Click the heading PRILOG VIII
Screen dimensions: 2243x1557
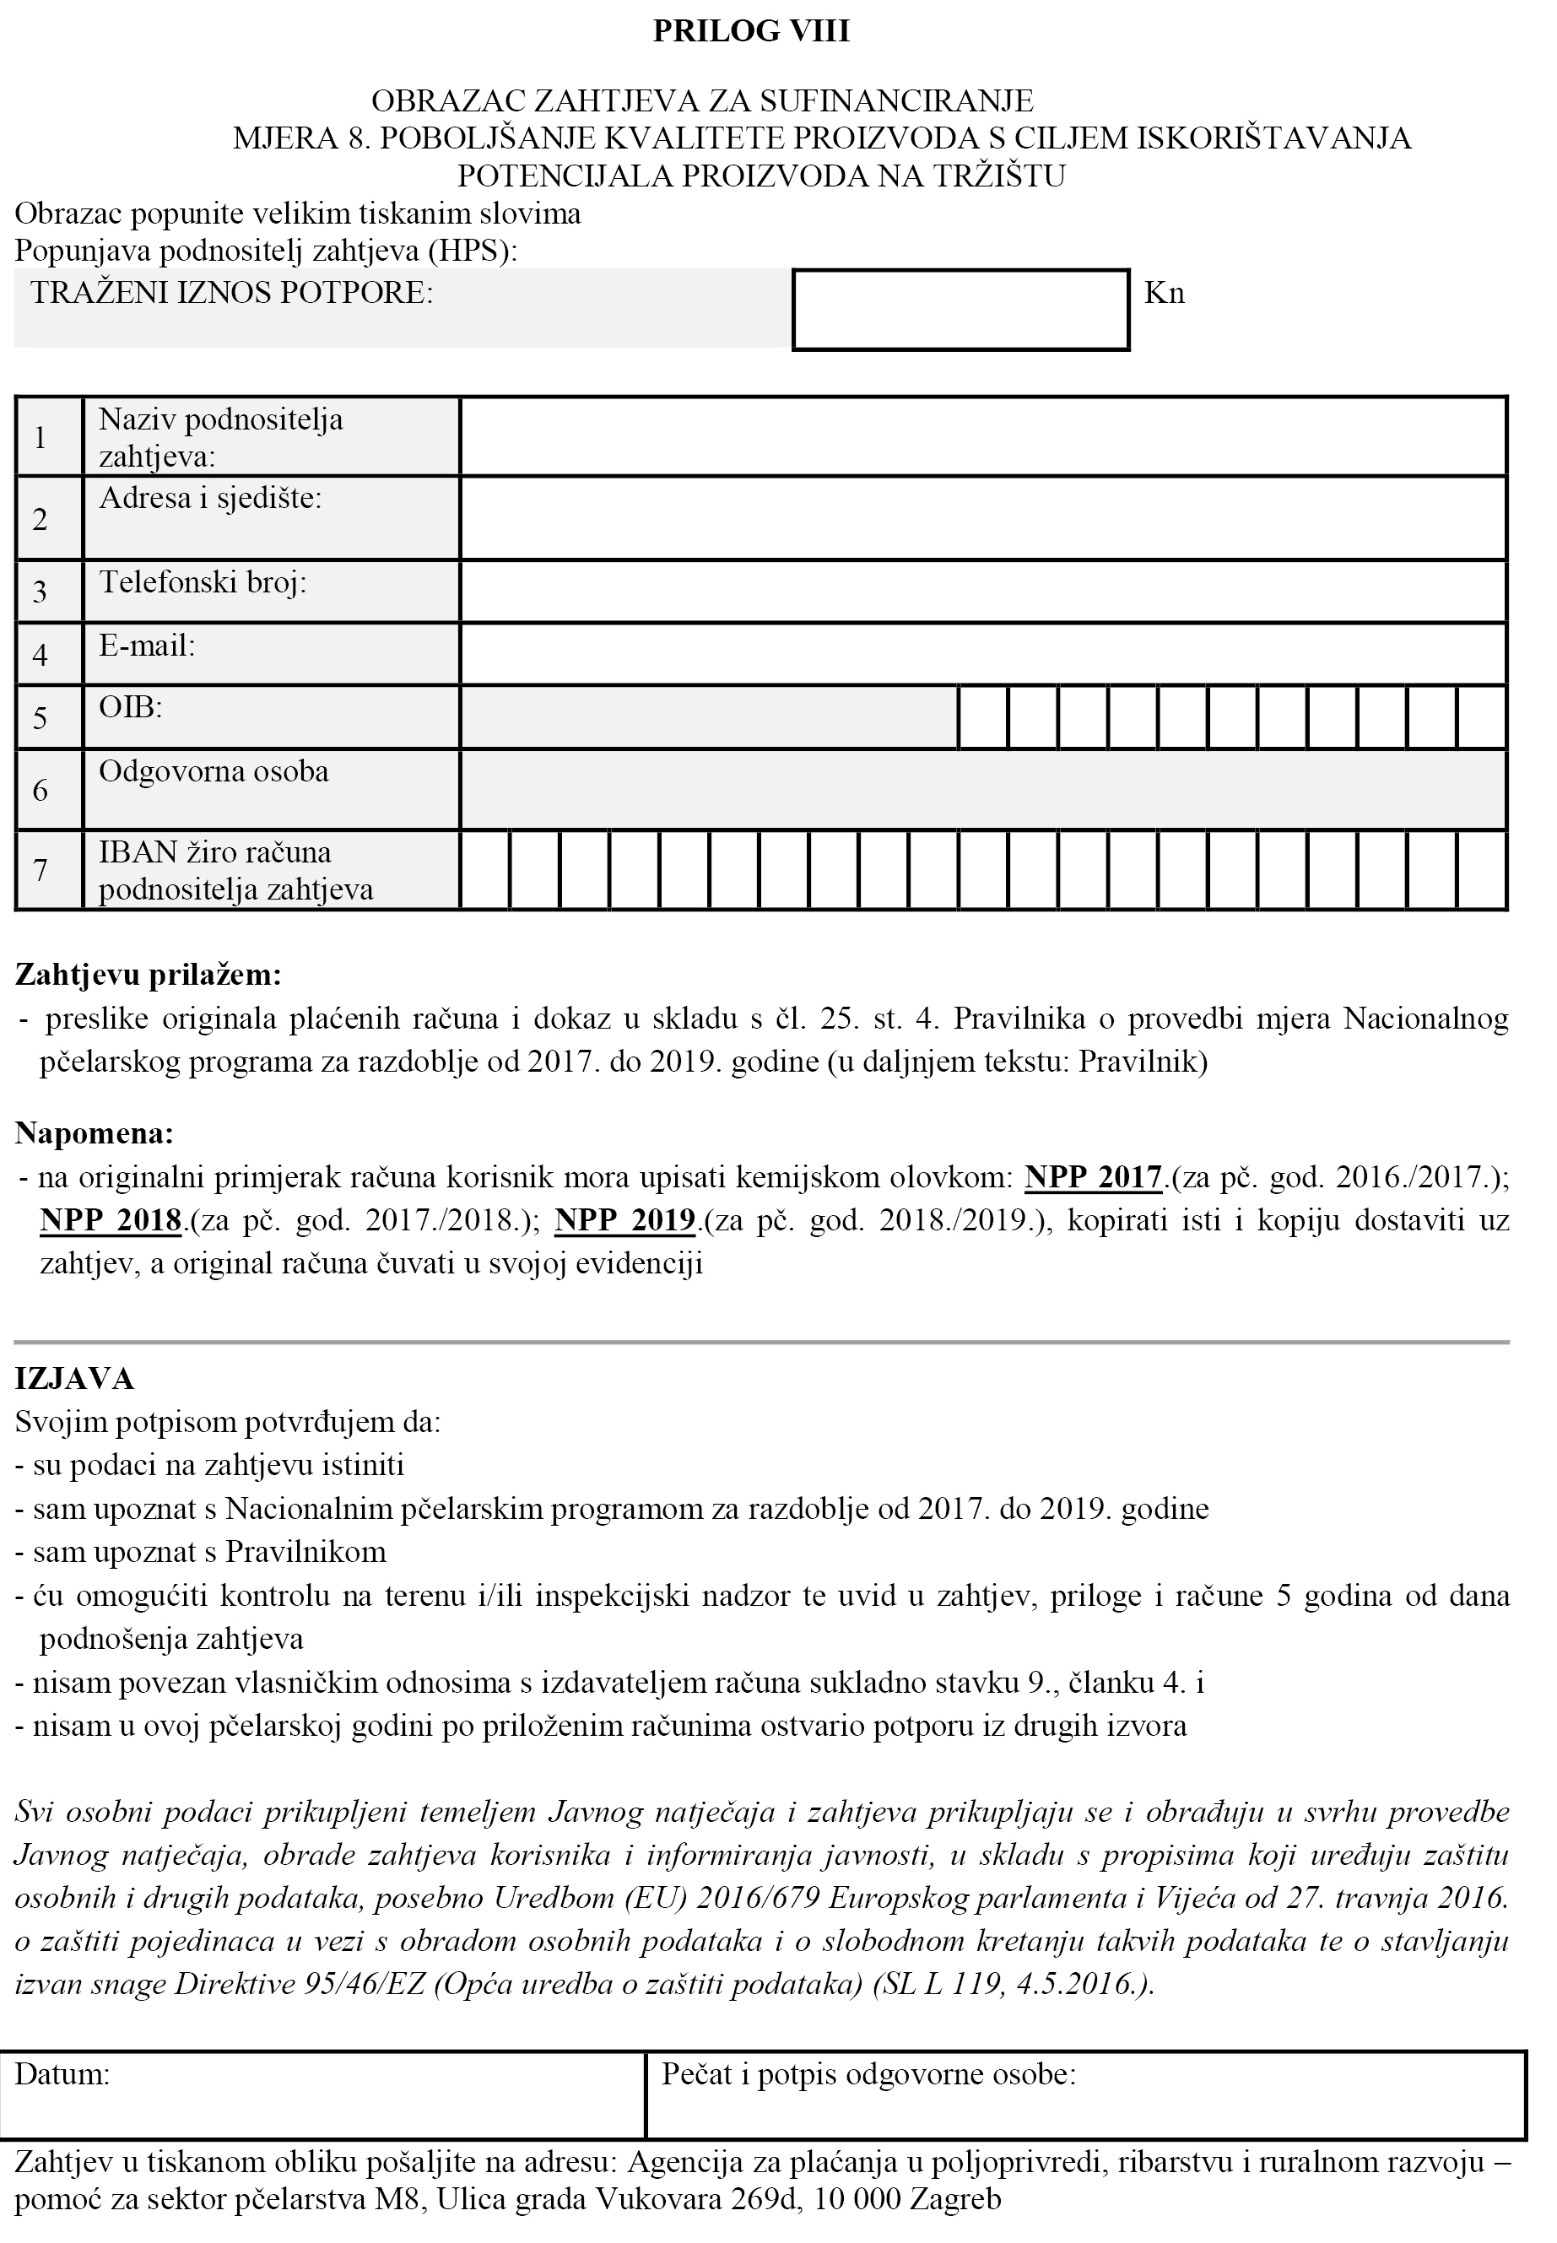coord(751,31)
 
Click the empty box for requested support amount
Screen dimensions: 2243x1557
coord(961,310)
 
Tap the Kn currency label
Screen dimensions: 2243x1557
coord(1164,294)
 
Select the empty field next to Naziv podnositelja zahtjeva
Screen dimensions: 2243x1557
coord(983,436)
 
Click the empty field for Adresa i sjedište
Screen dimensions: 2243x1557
coord(983,518)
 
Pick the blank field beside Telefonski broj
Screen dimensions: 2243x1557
coord(983,592)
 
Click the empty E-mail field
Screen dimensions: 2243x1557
coord(983,654)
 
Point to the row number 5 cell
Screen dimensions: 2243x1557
coord(40,718)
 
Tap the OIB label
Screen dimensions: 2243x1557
coord(131,707)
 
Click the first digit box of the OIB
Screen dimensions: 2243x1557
coord(982,718)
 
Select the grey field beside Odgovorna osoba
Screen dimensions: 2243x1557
coord(983,789)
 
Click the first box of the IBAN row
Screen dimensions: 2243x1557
coord(485,870)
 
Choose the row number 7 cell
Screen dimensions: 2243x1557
coord(40,870)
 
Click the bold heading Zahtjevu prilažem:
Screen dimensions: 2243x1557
coord(149,974)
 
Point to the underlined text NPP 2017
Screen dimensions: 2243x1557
coord(1093,1177)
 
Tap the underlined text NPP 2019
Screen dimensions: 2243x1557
coord(624,1220)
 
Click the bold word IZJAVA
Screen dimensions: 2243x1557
coord(74,1379)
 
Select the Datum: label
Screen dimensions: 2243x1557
coord(62,2074)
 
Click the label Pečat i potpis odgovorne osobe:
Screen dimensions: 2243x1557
coord(868,2074)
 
